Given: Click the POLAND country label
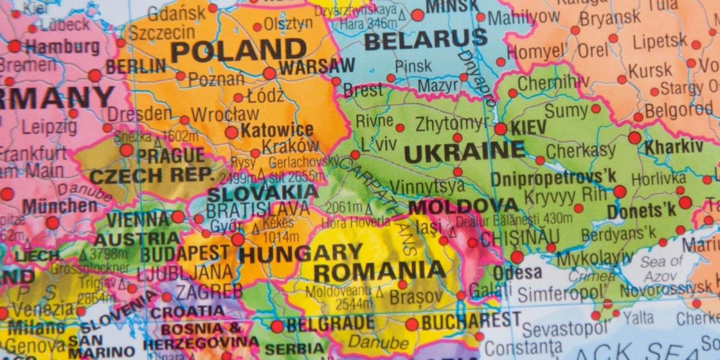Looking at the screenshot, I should coord(238,50).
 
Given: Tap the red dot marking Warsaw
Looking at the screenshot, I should coord(269,73).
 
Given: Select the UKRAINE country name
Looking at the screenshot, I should coord(464,152).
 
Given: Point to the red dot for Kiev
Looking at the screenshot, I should coord(500,128).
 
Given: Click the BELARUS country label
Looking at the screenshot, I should coord(425,40).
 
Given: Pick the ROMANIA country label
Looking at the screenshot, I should coord(379,271).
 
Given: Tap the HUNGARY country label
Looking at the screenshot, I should coord(301,253).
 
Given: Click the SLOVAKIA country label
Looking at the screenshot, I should coord(262,193).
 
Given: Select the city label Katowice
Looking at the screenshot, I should coord(277,130).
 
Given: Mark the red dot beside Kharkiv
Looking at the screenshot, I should coord(634,137).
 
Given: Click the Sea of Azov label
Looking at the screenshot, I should coord(661,269).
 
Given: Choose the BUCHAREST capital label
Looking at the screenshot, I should coord(470,321).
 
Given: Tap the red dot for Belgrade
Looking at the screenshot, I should coord(277,326).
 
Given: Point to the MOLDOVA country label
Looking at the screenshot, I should coord(464,206).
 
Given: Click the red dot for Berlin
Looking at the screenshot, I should coord(95,76).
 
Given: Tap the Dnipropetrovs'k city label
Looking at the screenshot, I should coord(553,179).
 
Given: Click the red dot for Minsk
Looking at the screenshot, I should coord(417,15).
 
